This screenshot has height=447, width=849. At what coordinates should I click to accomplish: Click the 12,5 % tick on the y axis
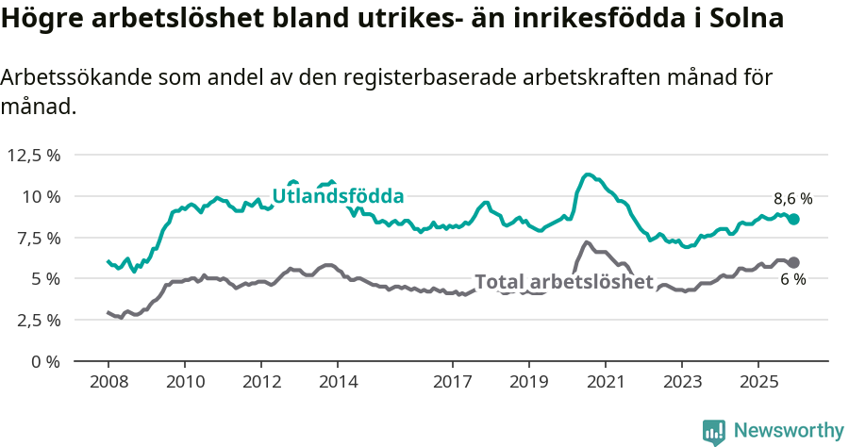[x=34, y=155]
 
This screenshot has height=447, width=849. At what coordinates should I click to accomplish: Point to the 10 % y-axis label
[x=42, y=196]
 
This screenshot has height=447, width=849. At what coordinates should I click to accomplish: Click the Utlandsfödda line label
[x=338, y=196]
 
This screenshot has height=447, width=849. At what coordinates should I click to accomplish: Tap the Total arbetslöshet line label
[x=563, y=281]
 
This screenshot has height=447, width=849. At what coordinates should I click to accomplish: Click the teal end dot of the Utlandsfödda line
[x=793, y=219]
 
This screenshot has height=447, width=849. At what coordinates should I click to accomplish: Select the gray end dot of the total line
[x=793, y=262]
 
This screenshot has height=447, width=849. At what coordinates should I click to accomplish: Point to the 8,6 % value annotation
[x=792, y=199]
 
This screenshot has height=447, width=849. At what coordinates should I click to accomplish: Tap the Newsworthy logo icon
[x=714, y=432]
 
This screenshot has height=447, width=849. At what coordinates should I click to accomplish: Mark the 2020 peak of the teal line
[x=588, y=174]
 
